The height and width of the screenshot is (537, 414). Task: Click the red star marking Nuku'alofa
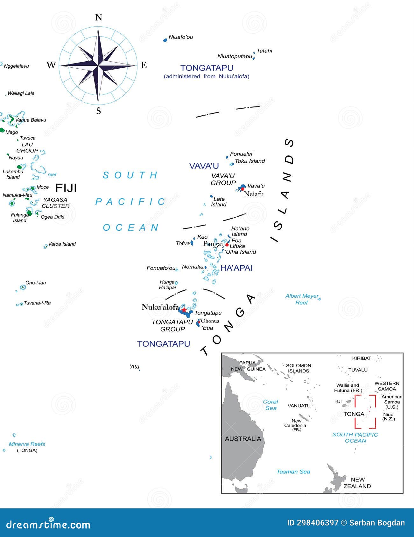click(x=184, y=309)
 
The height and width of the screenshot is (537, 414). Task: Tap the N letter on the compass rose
click(x=99, y=17)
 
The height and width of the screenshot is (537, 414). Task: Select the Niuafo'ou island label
click(x=181, y=37)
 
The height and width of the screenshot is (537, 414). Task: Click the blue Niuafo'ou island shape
click(x=165, y=40)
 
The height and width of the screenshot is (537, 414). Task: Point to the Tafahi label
click(x=264, y=51)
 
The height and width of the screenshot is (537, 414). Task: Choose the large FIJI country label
click(x=66, y=188)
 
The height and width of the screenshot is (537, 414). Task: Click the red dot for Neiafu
click(x=242, y=189)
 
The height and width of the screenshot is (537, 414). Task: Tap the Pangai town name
click(x=213, y=244)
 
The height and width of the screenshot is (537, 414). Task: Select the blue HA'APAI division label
click(x=236, y=268)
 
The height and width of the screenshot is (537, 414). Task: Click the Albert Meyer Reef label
click(x=302, y=299)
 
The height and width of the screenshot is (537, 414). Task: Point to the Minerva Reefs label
click(x=27, y=444)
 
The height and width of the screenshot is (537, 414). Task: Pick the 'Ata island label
click(x=135, y=367)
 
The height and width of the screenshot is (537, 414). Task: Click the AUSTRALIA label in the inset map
click(x=243, y=439)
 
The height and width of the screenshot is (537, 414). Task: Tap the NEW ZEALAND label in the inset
click(x=357, y=483)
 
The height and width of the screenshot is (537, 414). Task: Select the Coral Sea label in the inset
click(x=270, y=405)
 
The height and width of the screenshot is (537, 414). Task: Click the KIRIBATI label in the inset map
click(x=362, y=358)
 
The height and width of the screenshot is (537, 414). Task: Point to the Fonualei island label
click(x=241, y=154)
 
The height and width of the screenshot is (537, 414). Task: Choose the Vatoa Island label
click(x=62, y=244)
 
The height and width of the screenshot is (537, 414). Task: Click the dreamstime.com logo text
click(x=48, y=525)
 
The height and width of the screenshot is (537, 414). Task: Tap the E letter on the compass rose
click(x=144, y=65)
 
